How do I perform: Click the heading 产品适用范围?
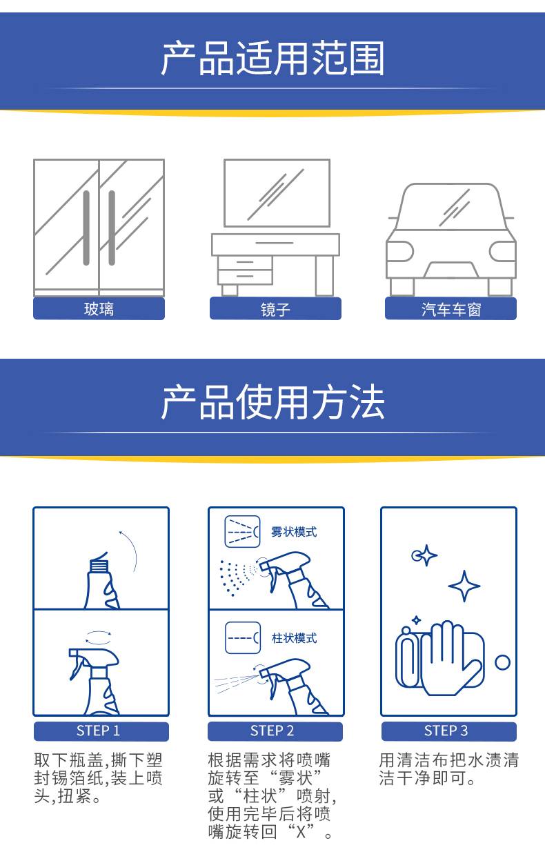pos(272,59)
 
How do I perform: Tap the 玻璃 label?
pos(99,308)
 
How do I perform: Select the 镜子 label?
pos(275,308)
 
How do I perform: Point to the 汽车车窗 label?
pos(450,308)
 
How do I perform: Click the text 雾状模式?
pos(294,532)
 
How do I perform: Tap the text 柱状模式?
pos(295,638)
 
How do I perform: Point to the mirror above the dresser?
pos(277,193)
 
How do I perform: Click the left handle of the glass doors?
pos(86,228)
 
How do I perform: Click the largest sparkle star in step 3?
pos(464,586)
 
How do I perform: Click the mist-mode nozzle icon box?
pos(242,532)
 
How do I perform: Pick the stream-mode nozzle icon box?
pos(243,638)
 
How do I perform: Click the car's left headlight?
pos(400,251)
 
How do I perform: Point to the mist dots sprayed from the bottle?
pos(237,577)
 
